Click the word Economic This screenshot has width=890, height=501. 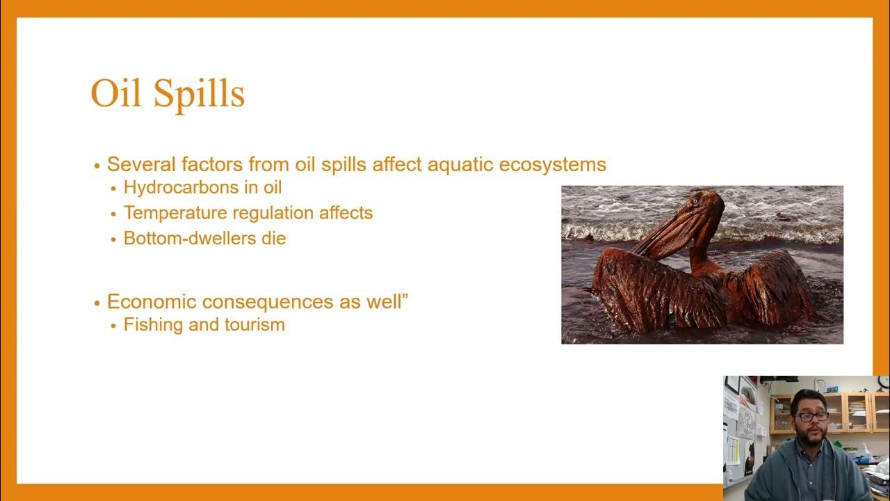click(x=147, y=302)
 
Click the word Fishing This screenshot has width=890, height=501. click(x=148, y=325)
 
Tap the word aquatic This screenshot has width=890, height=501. click(x=450, y=165)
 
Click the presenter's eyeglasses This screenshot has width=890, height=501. click(x=811, y=416)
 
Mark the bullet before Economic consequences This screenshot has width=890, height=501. click(x=97, y=303)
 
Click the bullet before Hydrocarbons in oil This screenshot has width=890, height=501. click(x=114, y=189)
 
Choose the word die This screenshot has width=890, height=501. click(x=274, y=238)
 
